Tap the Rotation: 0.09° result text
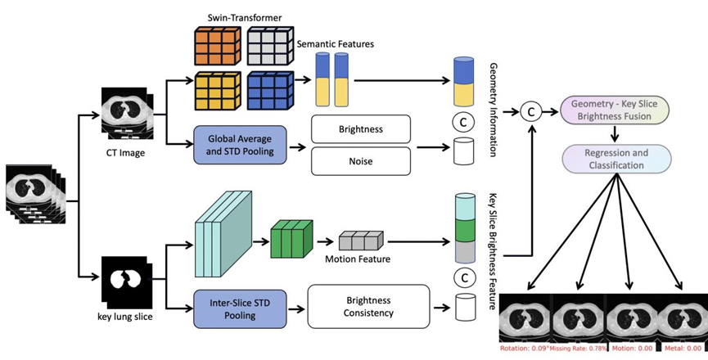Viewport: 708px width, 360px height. (523, 349)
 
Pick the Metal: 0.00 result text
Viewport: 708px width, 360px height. (680, 349)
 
